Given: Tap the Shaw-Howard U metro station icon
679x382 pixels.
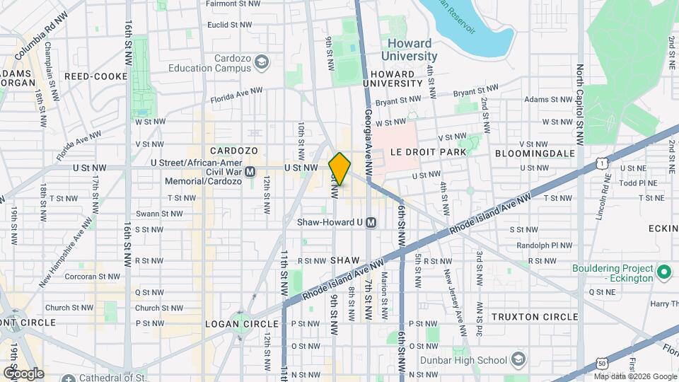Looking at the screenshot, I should point(371,223).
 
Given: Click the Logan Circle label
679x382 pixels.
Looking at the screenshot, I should point(233,323).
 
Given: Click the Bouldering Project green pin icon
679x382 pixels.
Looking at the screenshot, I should point(663,272).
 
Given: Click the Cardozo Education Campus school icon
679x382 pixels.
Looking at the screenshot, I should point(262,64).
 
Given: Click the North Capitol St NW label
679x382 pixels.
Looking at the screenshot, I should point(579,105).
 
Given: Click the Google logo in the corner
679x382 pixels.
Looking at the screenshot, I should point(23,373).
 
